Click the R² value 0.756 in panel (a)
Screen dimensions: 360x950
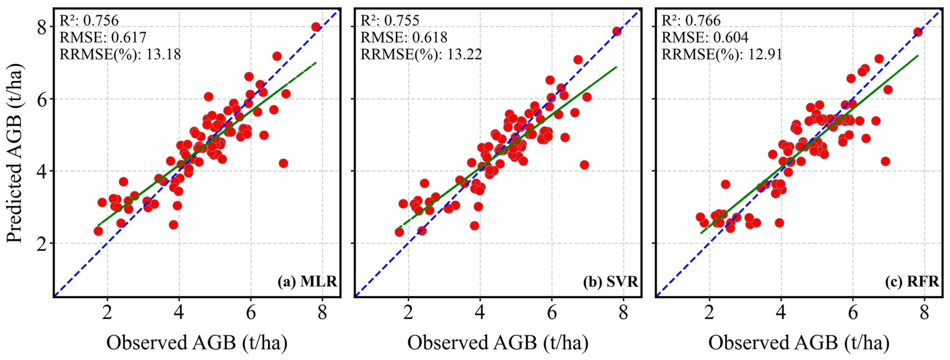(101, 20)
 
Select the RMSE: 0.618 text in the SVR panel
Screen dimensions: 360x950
(404, 37)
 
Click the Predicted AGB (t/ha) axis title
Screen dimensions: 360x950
(15, 153)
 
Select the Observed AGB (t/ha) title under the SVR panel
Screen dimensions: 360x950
(498, 342)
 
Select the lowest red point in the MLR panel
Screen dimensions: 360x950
(98, 231)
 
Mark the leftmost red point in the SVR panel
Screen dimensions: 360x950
(399, 232)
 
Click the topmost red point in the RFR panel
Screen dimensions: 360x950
(918, 32)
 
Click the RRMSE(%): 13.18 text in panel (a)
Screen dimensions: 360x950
(120, 54)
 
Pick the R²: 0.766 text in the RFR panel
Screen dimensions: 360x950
(691, 20)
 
